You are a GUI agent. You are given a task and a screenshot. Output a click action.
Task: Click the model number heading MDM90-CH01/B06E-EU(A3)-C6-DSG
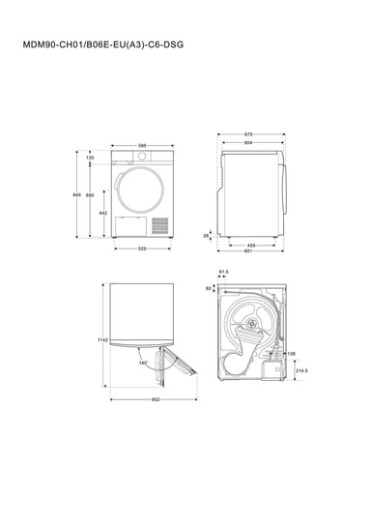coord(103,44)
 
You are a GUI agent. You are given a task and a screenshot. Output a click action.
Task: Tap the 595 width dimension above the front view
coord(142,146)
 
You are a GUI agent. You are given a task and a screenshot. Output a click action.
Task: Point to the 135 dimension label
coord(90,158)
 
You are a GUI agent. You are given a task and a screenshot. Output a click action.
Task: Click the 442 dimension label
coord(103,213)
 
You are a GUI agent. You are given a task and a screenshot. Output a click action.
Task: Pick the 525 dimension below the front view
coord(142,248)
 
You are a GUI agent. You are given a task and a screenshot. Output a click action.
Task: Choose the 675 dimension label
coord(248,134)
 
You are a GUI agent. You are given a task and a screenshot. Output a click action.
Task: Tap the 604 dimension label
coord(248,143)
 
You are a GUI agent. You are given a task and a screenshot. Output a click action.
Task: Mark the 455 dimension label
coord(251,246)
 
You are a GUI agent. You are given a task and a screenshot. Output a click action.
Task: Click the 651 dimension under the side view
coord(248,250)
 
